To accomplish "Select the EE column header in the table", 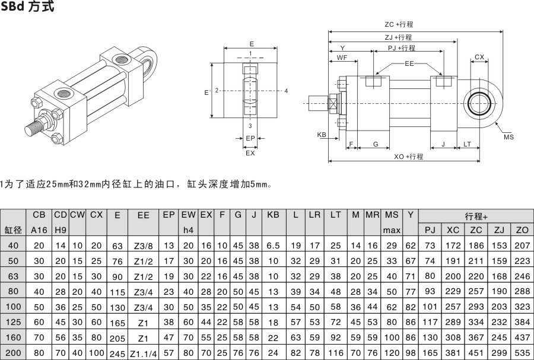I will [x=143, y=215].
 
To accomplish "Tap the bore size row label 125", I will [x=13, y=322].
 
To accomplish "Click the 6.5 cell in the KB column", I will [x=273, y=246].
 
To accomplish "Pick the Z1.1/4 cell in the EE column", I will [x=143, y=353].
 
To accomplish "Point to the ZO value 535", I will [x=522, y=353].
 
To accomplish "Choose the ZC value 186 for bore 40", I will [x=476, y=246].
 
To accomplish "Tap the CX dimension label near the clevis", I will [x=479, y=58].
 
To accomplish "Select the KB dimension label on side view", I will [x=322, y=135].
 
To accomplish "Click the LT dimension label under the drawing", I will [x=468, y=144].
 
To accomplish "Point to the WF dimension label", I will [x=342, y=58].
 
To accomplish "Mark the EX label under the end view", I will [x=250, y=152].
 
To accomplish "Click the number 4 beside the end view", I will [x=286, y=91].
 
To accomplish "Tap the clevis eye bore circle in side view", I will [x=479, y=104].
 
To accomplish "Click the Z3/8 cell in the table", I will [x=143, y=246].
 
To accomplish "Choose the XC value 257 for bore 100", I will [x=453, y=307].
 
